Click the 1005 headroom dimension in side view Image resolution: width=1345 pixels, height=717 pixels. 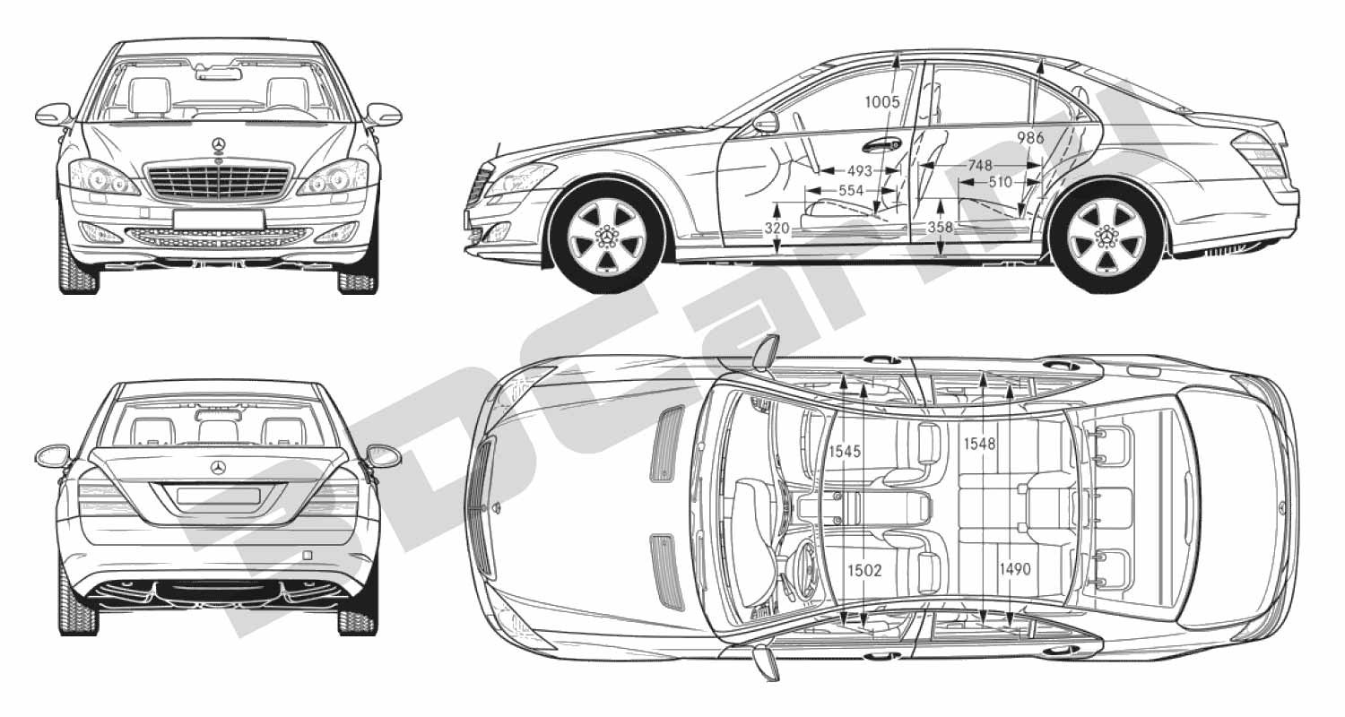click(882, 102)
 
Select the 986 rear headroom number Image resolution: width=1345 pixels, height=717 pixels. click(1030, 137)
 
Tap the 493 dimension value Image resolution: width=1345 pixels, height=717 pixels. click(859, 171)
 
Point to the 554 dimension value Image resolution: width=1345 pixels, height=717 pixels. click(851, 191)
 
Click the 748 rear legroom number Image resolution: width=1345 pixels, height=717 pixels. click(980, 164)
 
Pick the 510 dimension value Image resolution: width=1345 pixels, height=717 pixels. click(1001, 181)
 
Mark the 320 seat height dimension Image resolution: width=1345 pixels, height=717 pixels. click(777, 228)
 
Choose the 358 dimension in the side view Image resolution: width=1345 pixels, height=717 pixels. click(941, 227)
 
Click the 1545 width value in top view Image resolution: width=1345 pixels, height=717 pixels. click(845, 451)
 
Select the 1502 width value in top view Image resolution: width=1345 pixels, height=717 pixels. click(864, 570)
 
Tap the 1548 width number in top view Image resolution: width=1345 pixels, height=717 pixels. click(979, 444)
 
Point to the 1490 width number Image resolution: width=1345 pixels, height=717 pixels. click(1015, 569)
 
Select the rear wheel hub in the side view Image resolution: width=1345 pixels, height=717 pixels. click(1106, 237)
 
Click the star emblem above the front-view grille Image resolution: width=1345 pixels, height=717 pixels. click(218, 144)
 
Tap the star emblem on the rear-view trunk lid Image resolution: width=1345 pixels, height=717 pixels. click(218, 468)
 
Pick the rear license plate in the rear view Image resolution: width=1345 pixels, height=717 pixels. click(219, 496)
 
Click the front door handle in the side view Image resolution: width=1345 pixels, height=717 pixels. click(881, 145)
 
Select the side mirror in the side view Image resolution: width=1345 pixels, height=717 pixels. click(766, 123)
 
